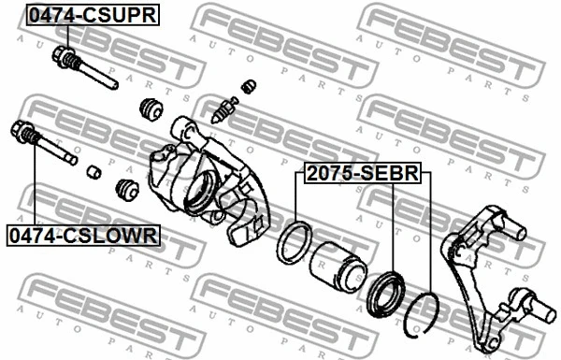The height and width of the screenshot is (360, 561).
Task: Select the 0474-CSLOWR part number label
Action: [x=83, y=236]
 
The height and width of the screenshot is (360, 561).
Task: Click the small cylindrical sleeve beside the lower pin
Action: [x=93, y=171]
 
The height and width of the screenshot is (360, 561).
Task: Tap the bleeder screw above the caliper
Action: [x=223, y=109]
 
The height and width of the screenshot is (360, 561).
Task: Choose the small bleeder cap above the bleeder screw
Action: [x=249, y=87]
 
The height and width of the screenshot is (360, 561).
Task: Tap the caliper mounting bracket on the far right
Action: [x=486, y=271]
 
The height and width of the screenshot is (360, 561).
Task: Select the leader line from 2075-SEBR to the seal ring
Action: [x=296, y=201]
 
